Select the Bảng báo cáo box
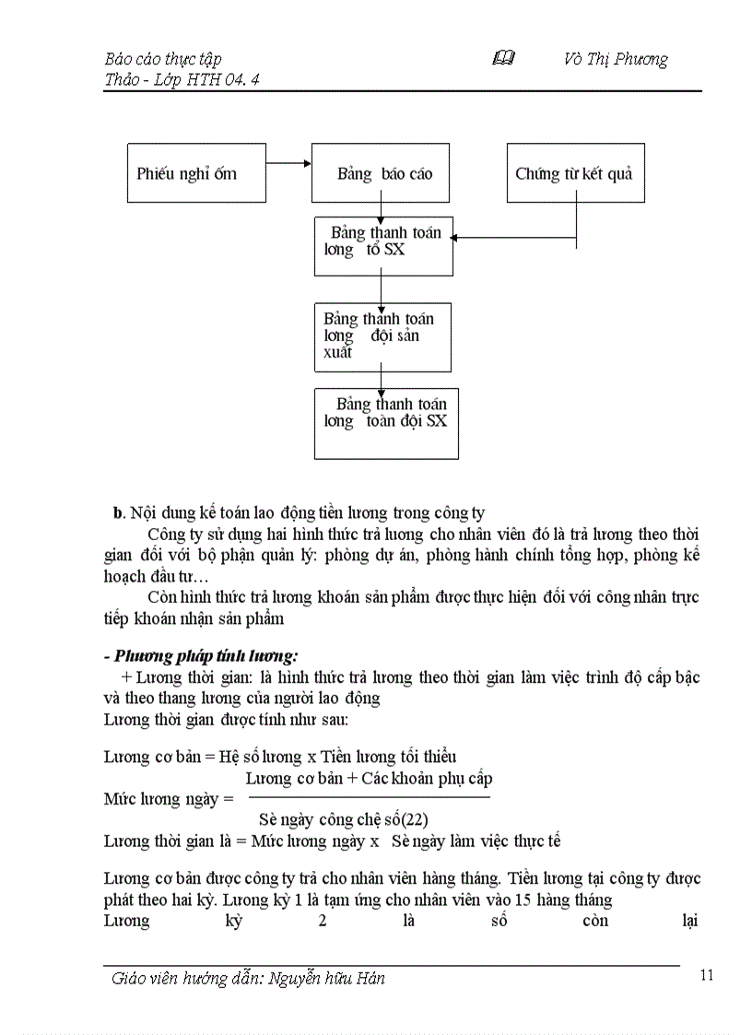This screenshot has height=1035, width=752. (x=381, y=172)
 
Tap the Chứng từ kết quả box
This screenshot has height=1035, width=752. (x=575, y=172)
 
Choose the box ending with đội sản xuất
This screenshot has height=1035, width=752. (x=382, y=336)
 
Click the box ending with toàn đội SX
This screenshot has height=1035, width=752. (x=386, y=423)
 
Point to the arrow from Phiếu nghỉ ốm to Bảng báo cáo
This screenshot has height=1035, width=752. (x=288, y=165)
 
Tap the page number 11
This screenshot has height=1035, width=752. (x=707, y=976)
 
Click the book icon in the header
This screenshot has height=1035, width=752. (x=503, y=59)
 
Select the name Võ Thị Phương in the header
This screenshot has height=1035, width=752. (x=616, y=59)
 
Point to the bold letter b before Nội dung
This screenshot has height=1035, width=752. (x=117, y=512)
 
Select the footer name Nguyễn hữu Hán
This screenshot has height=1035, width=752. (x=327, y=979)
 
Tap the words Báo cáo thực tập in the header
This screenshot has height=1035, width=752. (x=163, y=59)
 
